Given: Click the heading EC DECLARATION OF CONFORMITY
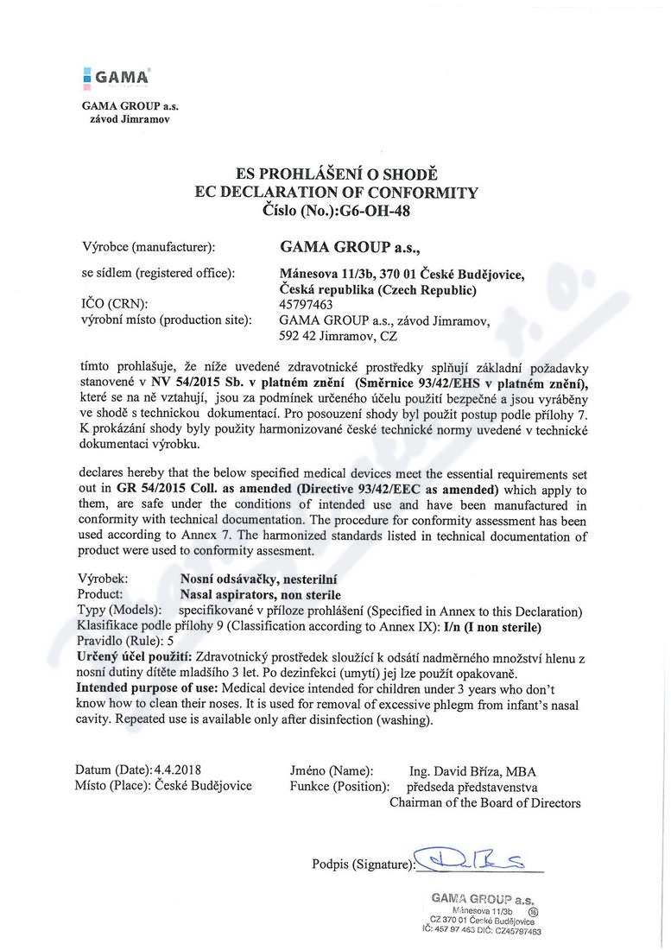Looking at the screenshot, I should [x=335, y=192].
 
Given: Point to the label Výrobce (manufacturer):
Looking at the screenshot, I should [x=148, y=247].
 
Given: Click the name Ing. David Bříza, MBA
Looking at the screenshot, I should [x=472, y=769].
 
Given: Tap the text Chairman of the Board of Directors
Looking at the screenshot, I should [x=484, y=802].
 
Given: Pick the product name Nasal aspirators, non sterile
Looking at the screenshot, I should [x=260, y=595].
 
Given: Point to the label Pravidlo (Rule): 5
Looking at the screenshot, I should [x=125, y=641].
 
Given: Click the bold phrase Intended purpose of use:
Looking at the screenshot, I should [x=148, y=688].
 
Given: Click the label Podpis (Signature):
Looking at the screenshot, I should [x=362, y=863].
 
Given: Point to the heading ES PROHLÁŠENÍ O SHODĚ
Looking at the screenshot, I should [x=335, y=174].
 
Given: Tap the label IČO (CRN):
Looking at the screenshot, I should [x=113, y=304].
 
